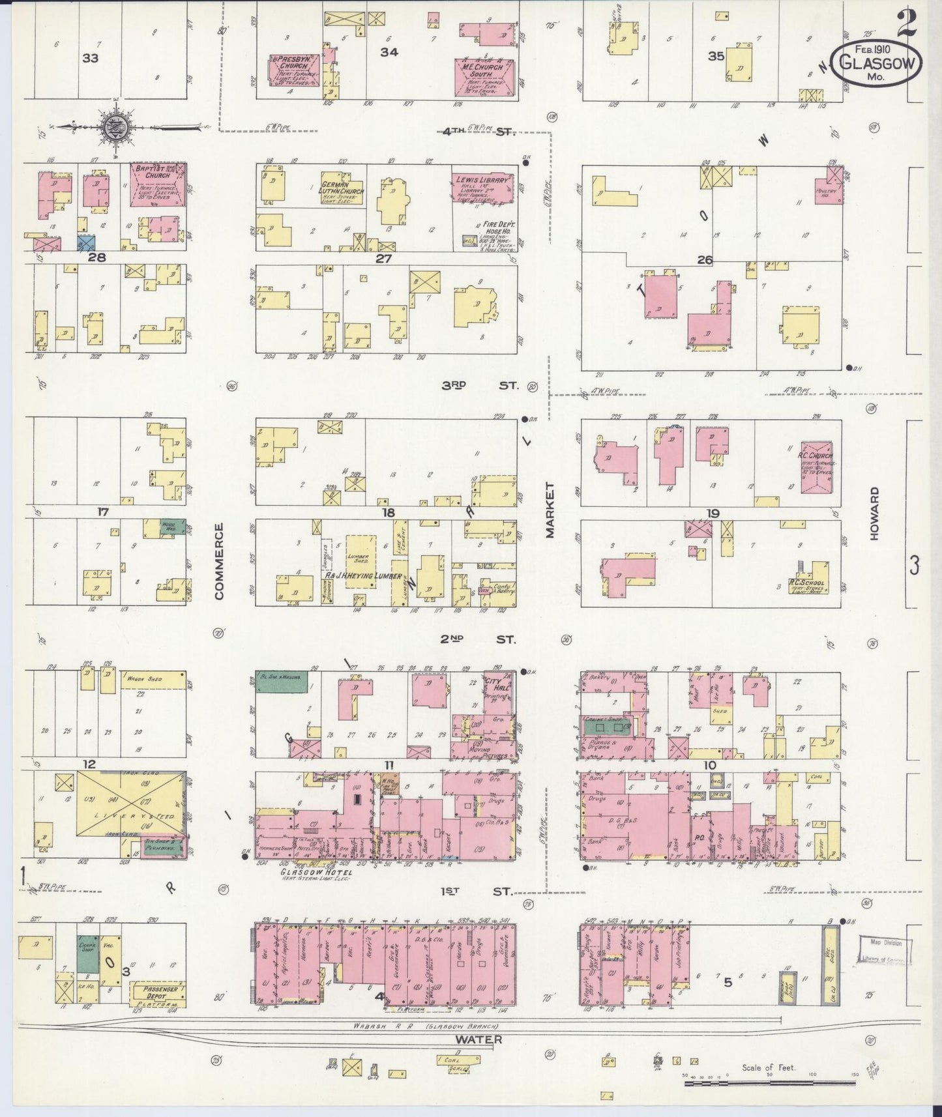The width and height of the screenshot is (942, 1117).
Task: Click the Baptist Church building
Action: tap(159, 184)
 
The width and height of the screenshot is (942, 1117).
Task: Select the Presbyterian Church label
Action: tap(294, 63)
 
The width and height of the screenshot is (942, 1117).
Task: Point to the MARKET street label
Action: tap(550, 510)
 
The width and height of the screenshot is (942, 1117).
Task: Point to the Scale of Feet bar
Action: tap(782, 1084)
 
